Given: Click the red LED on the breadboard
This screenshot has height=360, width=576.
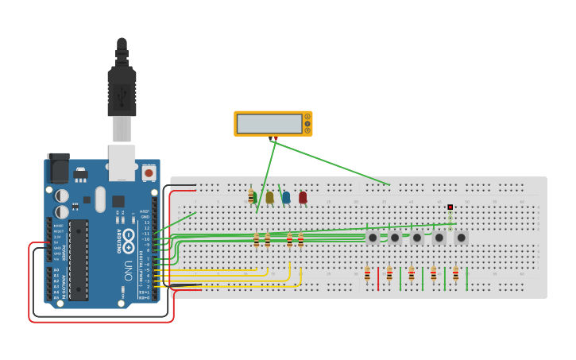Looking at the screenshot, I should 303,197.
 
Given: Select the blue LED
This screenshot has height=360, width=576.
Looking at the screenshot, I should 286,197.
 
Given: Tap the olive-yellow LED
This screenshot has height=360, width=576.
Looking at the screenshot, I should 269,197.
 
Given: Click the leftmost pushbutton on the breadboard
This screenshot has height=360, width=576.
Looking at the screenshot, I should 373,237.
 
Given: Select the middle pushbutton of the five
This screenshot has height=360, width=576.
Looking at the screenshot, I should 417,237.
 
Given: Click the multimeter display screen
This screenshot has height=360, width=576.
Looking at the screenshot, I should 269,123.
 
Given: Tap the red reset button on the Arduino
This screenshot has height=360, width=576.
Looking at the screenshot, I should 149,172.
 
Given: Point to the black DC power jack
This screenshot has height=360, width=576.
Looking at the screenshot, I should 58,168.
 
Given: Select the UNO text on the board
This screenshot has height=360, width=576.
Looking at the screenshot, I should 128,271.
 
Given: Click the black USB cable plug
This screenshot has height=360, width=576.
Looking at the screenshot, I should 122,87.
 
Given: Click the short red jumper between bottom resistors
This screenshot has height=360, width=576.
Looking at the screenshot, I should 378,279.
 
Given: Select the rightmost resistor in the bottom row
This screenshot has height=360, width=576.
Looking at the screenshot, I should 455,274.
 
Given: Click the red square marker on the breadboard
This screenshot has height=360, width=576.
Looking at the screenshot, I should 450,207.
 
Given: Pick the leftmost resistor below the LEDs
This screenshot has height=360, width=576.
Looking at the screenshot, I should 256,239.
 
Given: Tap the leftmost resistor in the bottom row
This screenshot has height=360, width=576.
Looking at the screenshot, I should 367,274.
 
